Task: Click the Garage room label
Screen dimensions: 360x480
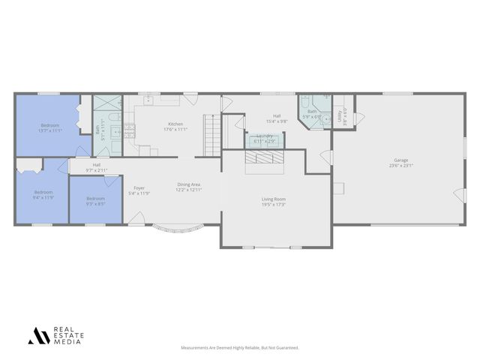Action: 402,160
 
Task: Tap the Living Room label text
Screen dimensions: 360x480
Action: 274,199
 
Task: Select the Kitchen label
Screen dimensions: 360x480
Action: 175,124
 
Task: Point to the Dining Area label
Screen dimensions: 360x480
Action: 188,184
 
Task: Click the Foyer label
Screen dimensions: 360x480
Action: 139,187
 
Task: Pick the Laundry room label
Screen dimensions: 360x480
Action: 265,136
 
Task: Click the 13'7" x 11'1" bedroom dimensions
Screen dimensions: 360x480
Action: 50,130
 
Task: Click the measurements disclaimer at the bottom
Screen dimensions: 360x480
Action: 240,348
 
